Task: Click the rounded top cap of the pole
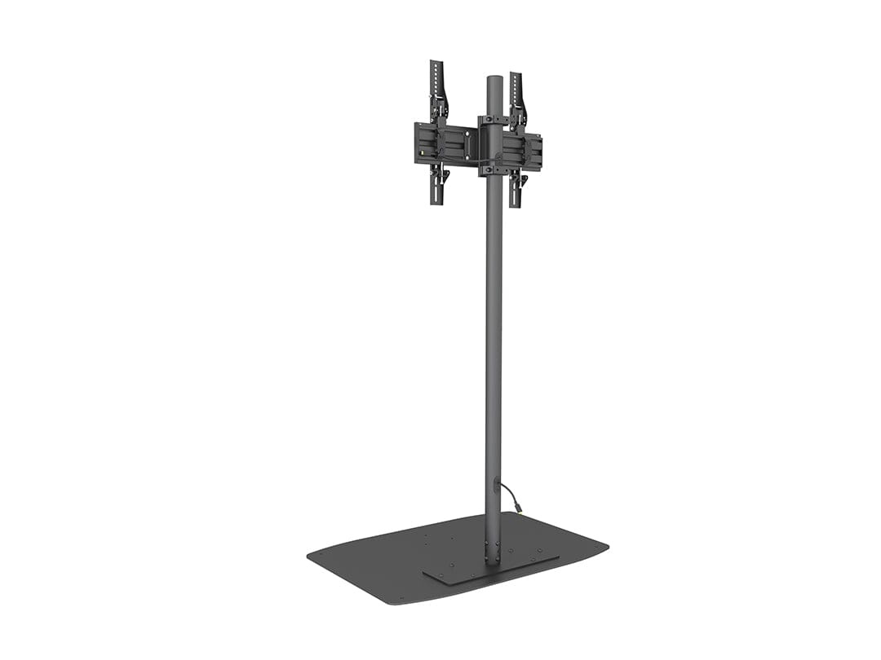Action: click(x=494, y=79)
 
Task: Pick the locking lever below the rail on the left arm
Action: click(x=444, y=174)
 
